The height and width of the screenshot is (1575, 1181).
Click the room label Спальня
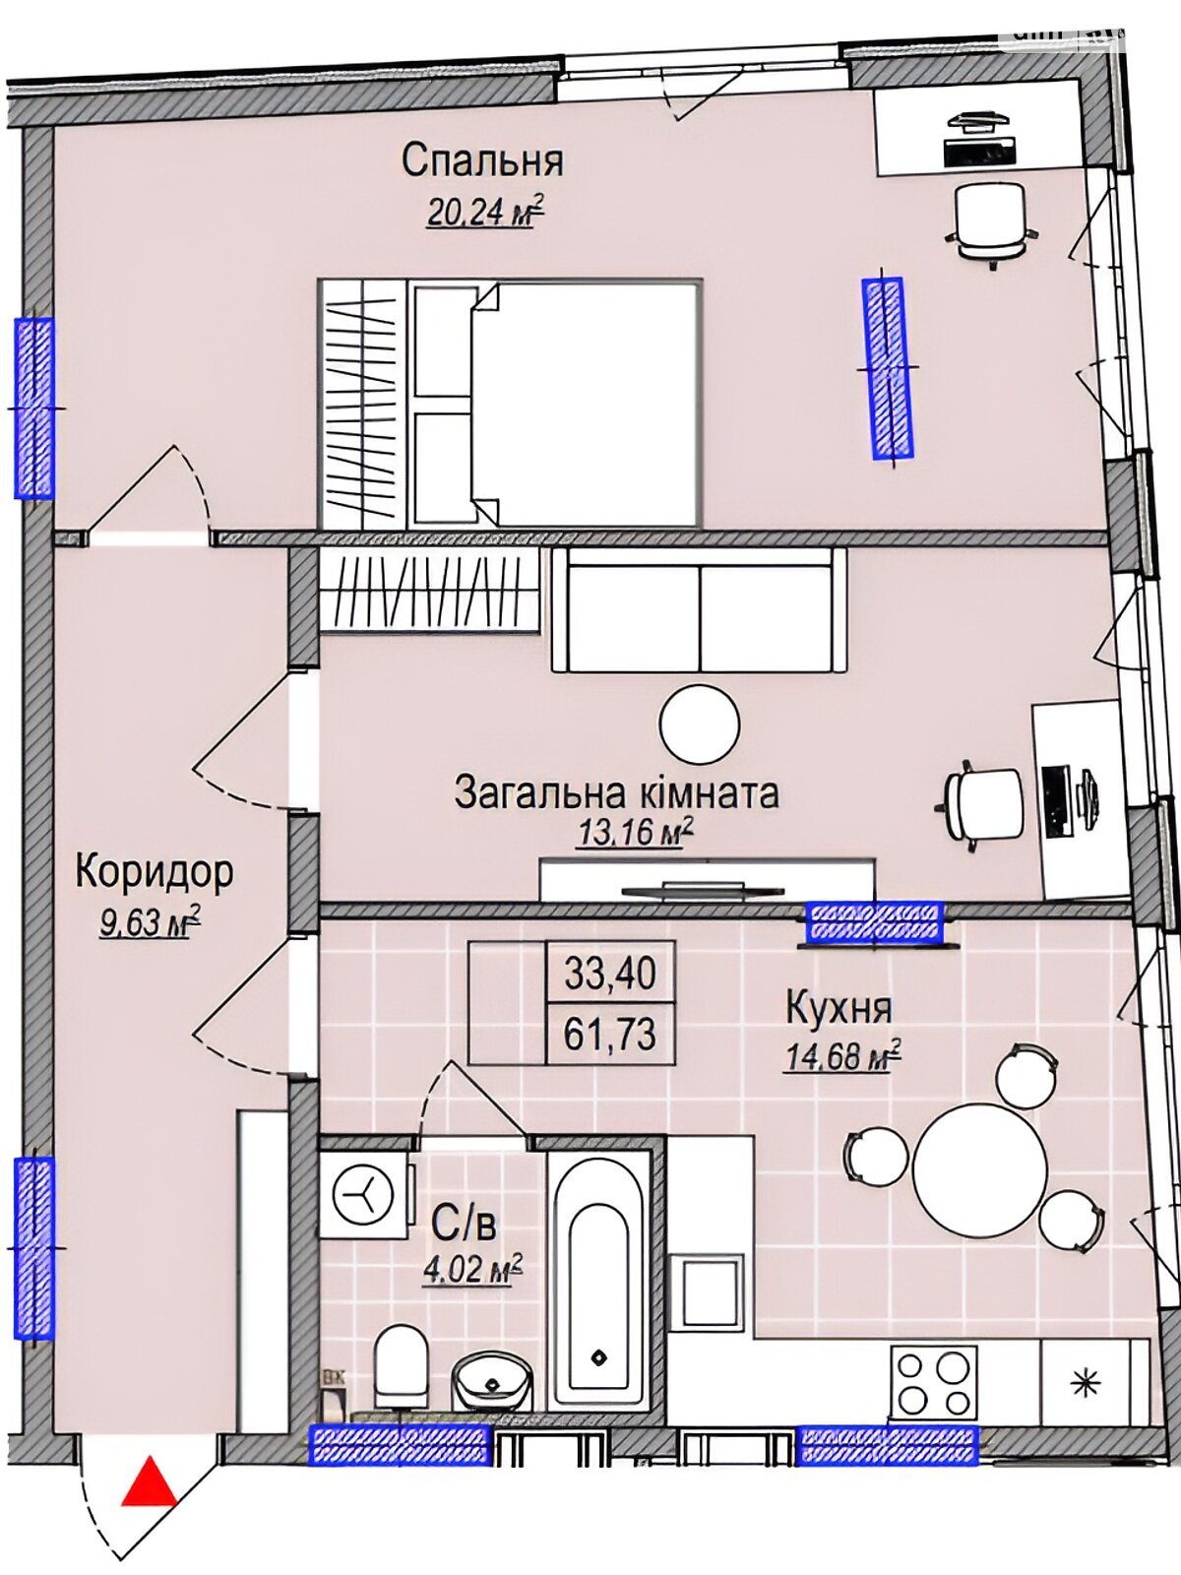pos(482,160)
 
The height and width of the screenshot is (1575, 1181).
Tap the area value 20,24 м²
pos(485,212)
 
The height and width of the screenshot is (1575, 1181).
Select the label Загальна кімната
pos(617,792)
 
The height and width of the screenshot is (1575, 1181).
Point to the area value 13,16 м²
pos(636,833)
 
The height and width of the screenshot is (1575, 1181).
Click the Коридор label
pos(155,872)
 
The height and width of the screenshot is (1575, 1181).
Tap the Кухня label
pos(839,1007)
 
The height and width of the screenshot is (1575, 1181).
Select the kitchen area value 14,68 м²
pos(843,1056)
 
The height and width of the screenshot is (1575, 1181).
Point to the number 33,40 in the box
pos(610,975)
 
